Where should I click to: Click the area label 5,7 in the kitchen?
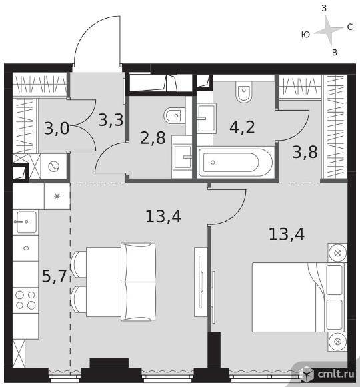click(x=55, y=276)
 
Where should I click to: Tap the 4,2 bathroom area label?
click(x=242, y=127)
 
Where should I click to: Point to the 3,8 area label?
click(x=305, y=152)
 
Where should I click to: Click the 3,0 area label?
click(x=57, y=128)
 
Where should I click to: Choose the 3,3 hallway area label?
click(x=111, y=120)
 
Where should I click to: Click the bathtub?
click(x=236, y=162)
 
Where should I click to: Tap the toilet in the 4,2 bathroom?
click(x=243, y=92)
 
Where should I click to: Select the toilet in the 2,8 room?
click(x=174, y=115)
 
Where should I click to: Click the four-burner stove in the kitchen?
click(x=25, y=300)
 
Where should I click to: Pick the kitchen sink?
click(x=25, y=222)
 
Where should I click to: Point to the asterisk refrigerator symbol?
click(x=57, y=196)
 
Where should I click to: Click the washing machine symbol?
click(x=53, y=167)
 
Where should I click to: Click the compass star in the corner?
click(x=329, y=31)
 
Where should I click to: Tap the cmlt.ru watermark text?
click(x=336, y=374)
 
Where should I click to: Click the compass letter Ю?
click(x=305, y=35)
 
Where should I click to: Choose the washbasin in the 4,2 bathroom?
click(x=207, y=119)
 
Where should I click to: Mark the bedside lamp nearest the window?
click(x=337, y=342)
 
